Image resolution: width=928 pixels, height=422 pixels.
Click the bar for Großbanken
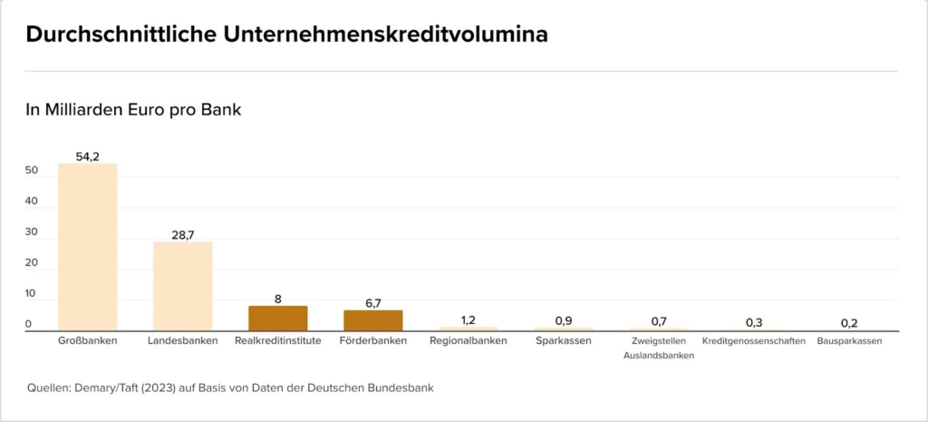click(87, 247)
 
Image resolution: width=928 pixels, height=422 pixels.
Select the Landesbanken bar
click(182, 286)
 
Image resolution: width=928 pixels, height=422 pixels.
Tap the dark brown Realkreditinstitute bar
click(277, 319)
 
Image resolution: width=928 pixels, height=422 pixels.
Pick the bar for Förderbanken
click(372, 320)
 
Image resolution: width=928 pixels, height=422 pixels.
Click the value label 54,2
click(87, 156)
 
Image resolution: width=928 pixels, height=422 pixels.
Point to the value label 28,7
click(182, 235)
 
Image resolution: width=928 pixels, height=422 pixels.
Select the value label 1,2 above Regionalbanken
click(468, 319)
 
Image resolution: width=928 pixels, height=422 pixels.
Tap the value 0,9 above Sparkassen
click(563, 320)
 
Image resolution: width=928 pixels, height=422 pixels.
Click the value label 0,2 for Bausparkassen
click(848, 322)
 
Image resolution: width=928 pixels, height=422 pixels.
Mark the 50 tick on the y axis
click(32, 171)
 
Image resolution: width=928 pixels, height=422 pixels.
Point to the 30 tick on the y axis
click(32, 232)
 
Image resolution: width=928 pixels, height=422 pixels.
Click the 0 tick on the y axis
click(28, 324)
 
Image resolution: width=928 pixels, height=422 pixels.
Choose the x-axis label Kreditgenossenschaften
click(753, 341)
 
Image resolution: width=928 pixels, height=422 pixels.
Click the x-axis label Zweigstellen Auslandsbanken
click(658, 348)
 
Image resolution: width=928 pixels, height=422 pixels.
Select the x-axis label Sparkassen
click(563, 341)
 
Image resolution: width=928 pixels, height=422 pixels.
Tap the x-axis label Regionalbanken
click(468, 341)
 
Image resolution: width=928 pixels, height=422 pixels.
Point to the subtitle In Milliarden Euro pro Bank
click(132, 110)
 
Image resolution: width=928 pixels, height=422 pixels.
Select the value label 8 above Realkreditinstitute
click(277, 299)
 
